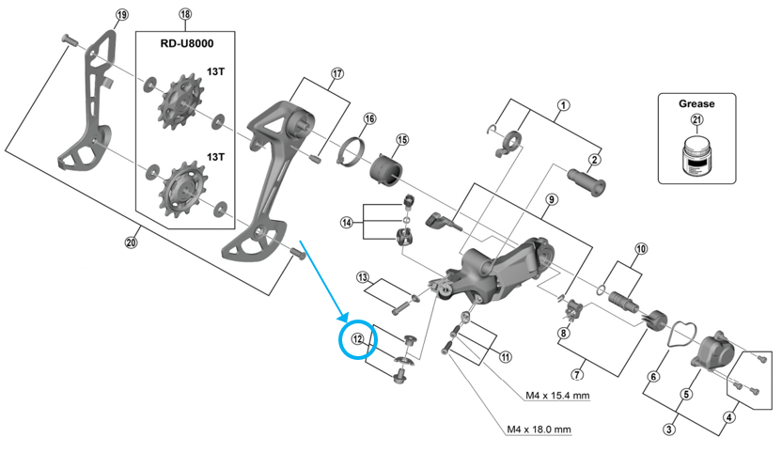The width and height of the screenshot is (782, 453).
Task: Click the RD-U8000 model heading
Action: coord(186,43)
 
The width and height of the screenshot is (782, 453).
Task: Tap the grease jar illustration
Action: coord(696,155)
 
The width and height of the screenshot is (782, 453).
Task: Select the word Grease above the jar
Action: coord(696,103)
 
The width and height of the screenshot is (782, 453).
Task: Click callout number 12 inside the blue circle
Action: coord(357,339)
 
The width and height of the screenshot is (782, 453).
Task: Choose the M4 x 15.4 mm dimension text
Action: coord(557,396)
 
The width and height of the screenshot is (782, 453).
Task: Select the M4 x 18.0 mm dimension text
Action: coord(540,430)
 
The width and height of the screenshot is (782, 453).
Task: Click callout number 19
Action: coord(121,14)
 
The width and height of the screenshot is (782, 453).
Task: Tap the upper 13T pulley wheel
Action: coord(180,103)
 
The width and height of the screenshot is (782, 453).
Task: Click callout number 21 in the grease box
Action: coord(697,119)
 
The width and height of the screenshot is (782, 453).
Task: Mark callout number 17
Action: coord(337,74)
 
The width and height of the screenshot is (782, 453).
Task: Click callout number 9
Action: coord(552,199)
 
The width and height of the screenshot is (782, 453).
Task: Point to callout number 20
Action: coord(131,243)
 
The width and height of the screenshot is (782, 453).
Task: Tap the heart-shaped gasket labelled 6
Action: coord(681,334)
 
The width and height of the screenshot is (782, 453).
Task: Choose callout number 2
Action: coord(594,160)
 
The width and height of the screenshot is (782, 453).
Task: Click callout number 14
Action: coord(347,223)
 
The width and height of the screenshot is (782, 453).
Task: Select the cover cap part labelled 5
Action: coord(712,352)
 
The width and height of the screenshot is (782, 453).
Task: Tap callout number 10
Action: coord(641,248)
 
